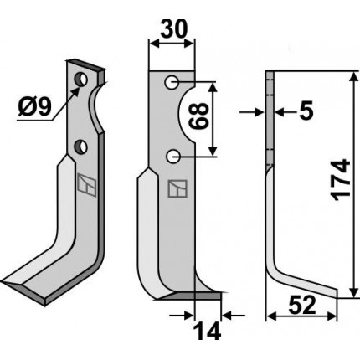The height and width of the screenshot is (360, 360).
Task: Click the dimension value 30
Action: point(173,29)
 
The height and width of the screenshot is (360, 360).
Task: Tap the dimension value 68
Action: point(198,116)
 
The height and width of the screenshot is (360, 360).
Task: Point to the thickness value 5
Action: point(306,111)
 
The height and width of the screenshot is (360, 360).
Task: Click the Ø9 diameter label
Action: point(35,108)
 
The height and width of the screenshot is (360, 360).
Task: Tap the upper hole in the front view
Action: point(172,82)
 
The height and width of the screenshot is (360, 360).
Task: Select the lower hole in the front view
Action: point(173,157)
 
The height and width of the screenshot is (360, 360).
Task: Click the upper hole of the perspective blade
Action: point(81,80)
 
